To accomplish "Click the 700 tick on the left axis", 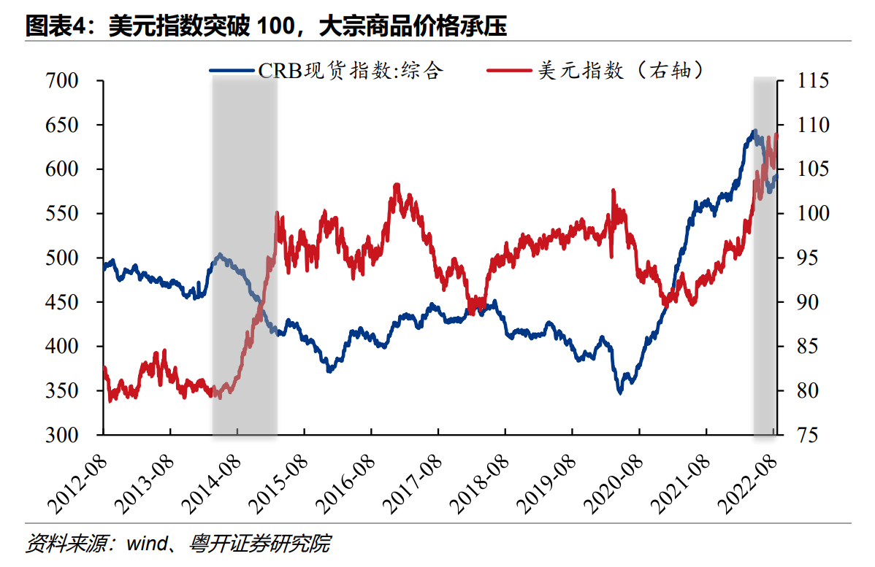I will pyautogui.click(x=72, y=80).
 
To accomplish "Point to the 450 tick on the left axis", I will pyautogui.click(x=72, y=302).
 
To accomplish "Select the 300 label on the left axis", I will pyautogui.click(x=72, y=435).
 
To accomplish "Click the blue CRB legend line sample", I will pyautogui.click(x=233, y=71).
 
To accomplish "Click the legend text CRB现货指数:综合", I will pyautogui.click(x=351, y=71).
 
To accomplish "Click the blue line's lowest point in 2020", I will pyautogui.click(x=620, y=392).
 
